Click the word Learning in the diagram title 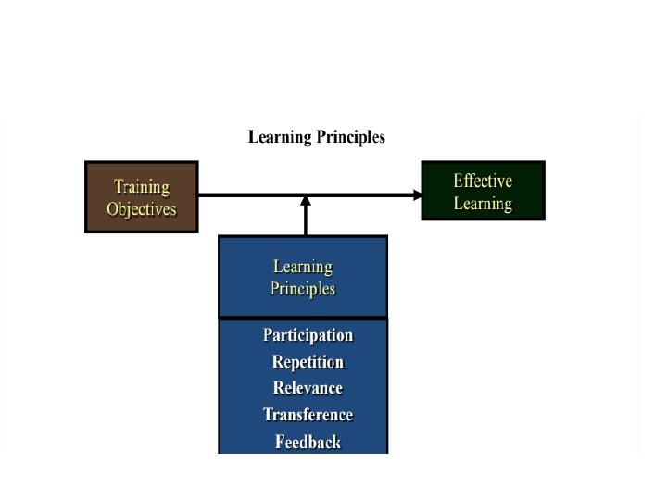(x=279, y=138)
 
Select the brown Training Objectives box (x=141, y=197)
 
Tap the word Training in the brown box (x=141, y=187)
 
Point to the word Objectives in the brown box (x=141, y=208)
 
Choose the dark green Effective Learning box (x=483, y=191)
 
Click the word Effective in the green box (x=483, y=181)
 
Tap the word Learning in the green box (x=483, y=203)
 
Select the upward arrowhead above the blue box (x=306, y=200)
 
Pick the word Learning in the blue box (x=303, y=267)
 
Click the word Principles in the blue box (x=303, y=289)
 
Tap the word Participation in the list (x=308, y=335)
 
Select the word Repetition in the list (x=308, y=362)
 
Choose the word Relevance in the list (x=308, y=388)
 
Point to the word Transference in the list (x=308, y=415)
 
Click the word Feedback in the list (x=308, y=442)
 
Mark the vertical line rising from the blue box (x=306, y=220)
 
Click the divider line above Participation (x=303, y=319)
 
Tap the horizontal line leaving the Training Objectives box (x=250, y=194)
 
